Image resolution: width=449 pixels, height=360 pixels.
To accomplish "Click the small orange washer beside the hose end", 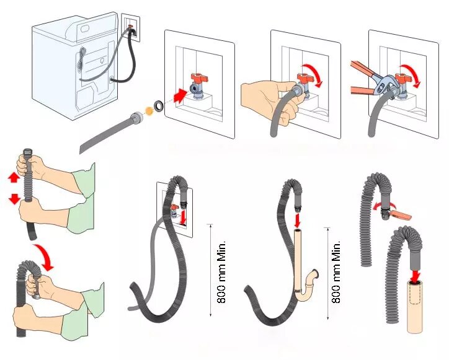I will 148,110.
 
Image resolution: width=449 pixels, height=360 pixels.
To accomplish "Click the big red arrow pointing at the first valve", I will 180,95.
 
